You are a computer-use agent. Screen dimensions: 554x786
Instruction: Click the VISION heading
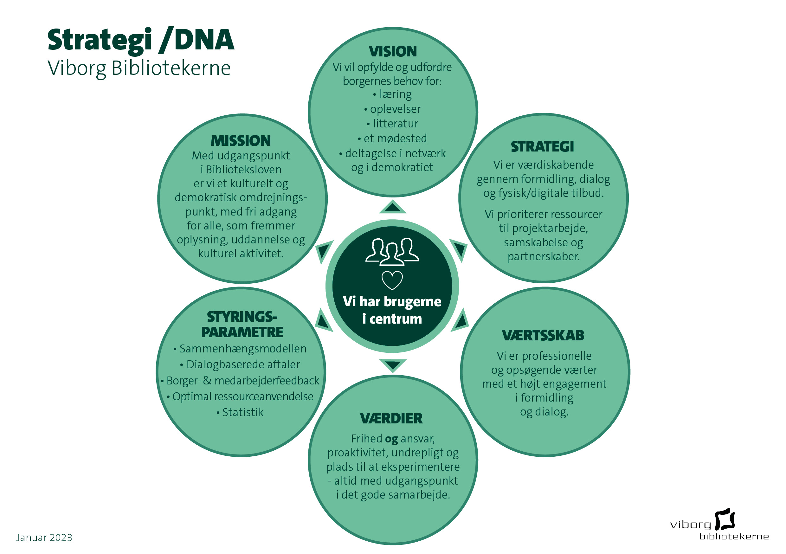click(x=393, y=52)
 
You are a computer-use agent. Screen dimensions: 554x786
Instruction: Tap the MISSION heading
click(x=241, y=141)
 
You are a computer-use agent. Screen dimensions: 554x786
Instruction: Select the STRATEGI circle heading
click(x=542, y=146)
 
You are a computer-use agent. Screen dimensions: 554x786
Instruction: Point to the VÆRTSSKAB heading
click(x=543, y=336)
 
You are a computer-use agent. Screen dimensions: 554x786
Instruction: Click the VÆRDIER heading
click(x=391, y=418)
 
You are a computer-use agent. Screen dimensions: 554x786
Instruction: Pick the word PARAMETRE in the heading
click(x=242, y=332)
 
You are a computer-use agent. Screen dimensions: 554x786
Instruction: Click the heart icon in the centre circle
click(x=392, y=280)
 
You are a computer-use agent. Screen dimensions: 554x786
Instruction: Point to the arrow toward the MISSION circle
click(x=324, y=251)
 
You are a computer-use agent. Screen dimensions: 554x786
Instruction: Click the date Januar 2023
click(x=44, y=538)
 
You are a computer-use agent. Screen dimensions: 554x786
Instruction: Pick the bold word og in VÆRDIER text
click(x=391, y=439)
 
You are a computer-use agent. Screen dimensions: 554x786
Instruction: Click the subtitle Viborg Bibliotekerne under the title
click(x=139, y=68)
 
